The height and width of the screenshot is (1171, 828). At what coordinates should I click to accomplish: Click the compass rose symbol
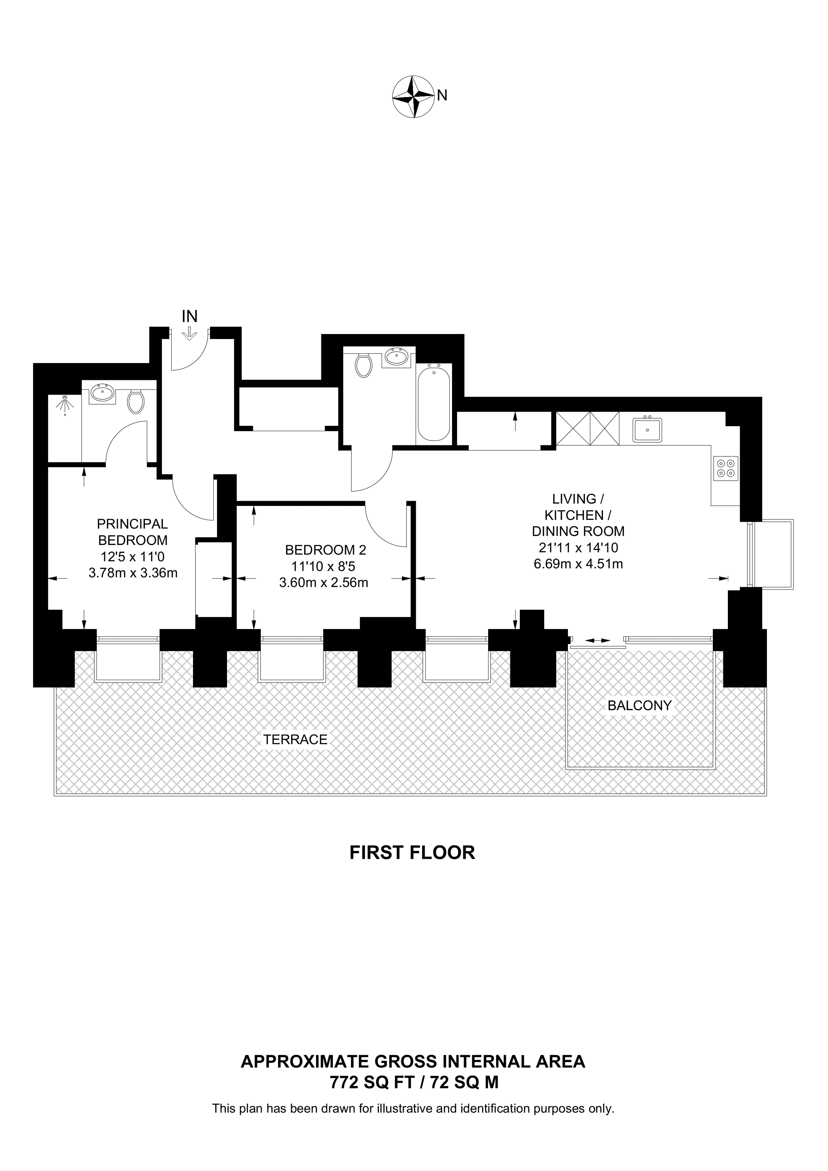(x=412, y=97)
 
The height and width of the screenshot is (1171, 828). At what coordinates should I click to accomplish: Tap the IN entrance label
(x=189, y=317)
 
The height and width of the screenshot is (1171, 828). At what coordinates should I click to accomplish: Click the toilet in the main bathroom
(x=363, y=366)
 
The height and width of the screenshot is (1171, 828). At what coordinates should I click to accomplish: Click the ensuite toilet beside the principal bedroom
(x=136, y=401)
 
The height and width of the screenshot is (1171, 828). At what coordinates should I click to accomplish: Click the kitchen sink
(x=647, y=430)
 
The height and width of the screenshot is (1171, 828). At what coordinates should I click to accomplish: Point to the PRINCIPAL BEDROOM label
(x=132, y=532)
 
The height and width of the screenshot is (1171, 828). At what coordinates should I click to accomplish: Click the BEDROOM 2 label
(x=326, y=550)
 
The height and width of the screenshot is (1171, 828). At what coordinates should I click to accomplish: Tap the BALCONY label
(x=639, y=706)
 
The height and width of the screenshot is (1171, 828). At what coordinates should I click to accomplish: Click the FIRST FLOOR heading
(x=412, y=853)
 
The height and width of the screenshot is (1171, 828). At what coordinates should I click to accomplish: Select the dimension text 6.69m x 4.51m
(x=578, y=564)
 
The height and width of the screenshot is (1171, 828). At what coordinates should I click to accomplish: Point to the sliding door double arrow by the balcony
(x=597, y=640)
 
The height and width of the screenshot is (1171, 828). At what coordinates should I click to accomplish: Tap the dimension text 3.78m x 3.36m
(x=132, y=573)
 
